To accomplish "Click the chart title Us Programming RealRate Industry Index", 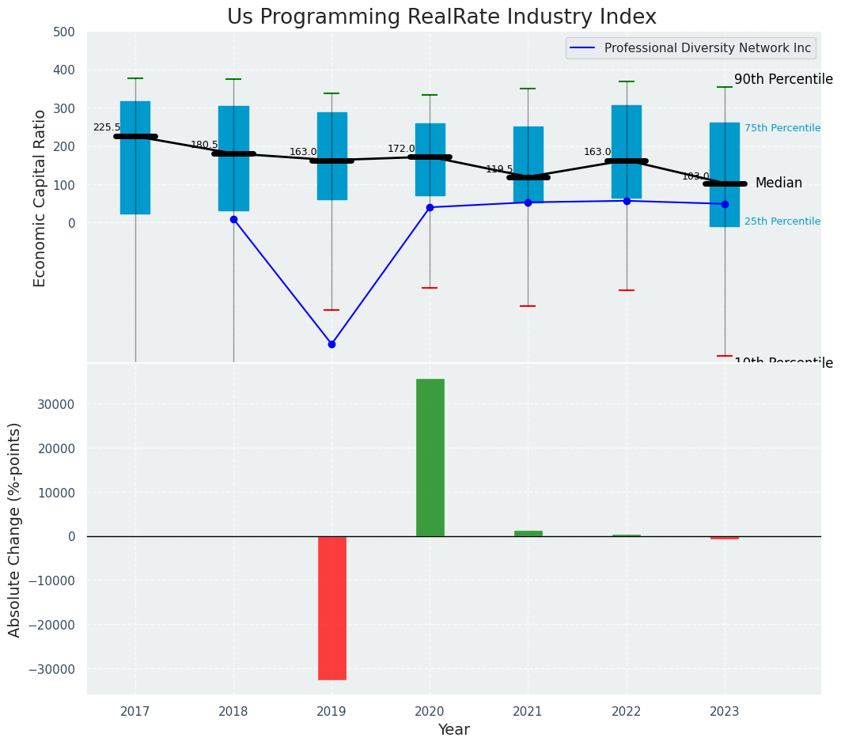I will (441, 17).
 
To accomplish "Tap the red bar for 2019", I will (331, 607).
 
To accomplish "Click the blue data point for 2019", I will (331, 344).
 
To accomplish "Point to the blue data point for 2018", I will (233, 219).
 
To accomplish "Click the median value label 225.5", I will (107, 127).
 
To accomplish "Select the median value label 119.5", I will (499, 169).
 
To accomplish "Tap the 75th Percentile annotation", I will (782, 128).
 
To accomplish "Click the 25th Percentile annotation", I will (782, 221).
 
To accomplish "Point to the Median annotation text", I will (778, 183).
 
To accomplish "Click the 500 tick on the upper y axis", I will (64, 32).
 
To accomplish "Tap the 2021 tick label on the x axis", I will (528, 711).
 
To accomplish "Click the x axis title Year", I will (453, 730).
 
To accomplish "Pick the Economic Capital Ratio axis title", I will (40, 198).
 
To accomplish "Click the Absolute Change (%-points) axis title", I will (15, 529).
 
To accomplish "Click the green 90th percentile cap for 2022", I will (627, 81).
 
